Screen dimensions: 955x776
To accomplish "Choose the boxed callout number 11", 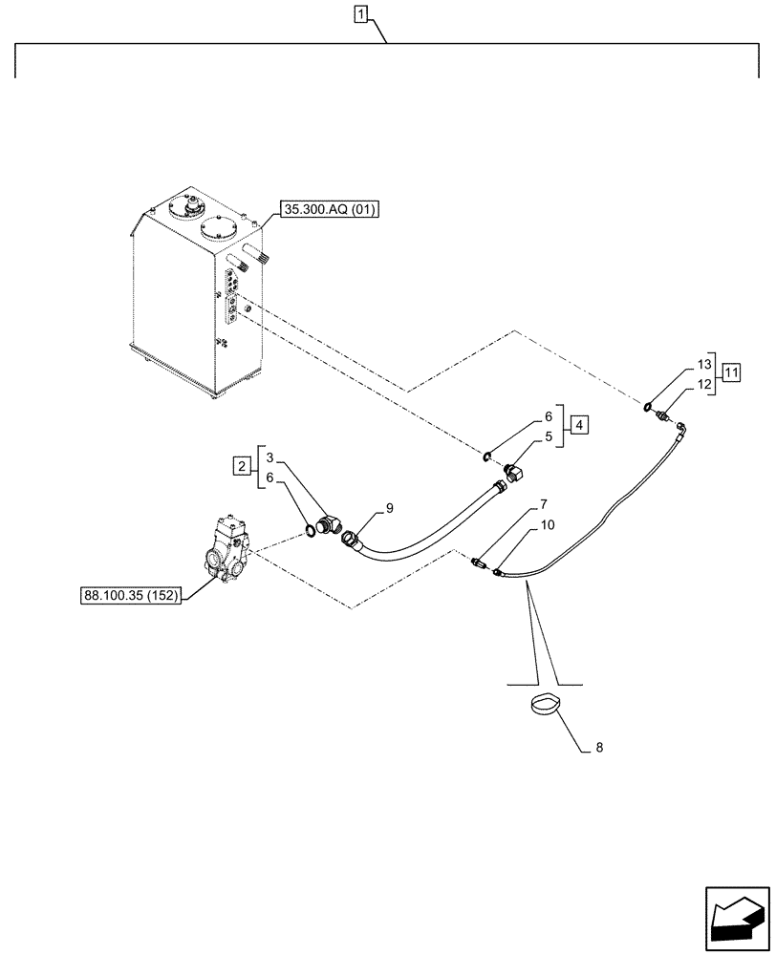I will tap(730, 372).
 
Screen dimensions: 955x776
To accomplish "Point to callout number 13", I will tap(704, 366).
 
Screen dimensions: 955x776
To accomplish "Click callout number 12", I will tap(704, 384).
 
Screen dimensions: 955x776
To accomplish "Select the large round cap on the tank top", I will tap(221, 230).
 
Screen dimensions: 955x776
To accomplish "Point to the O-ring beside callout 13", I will tap(651, 408).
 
